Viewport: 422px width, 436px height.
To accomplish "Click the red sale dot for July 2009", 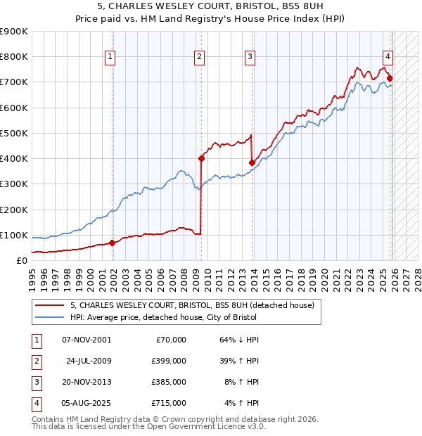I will coord(201,159).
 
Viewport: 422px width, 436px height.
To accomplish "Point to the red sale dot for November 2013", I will coord(252,162).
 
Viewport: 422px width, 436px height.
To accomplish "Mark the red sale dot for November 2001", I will coord(112,243).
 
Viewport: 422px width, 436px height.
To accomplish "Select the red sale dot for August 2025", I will coord(390,79).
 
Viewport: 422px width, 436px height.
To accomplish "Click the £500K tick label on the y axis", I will coord(14,133).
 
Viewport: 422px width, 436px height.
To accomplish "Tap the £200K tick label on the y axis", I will coord(14,210).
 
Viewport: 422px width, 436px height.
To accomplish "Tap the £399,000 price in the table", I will coord(169,361).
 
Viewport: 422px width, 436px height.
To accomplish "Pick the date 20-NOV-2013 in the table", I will coord(87,382).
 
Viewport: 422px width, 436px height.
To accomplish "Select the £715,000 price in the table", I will coord(169,403).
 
